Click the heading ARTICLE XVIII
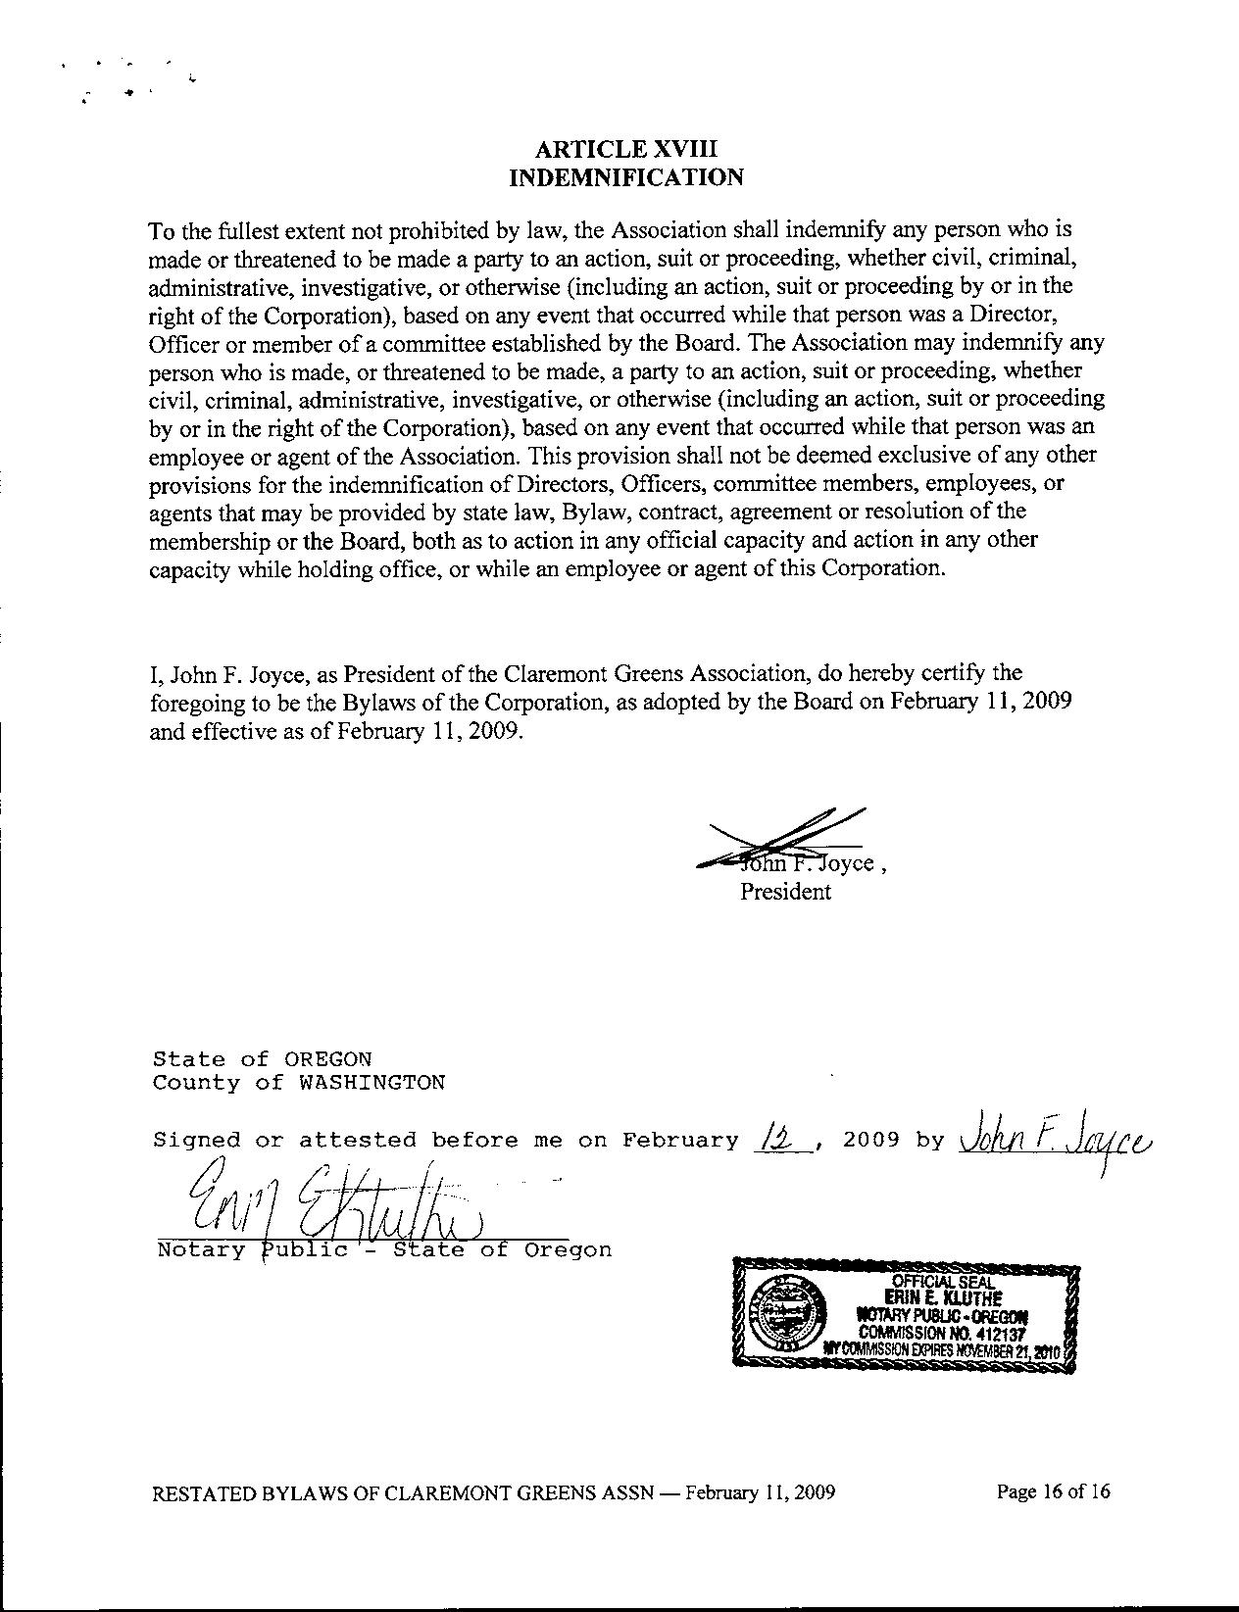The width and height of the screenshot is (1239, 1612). [x=626, y=149]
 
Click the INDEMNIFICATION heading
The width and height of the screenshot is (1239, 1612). [x=626, y=177]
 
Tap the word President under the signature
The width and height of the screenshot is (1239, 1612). [x=785, y=892]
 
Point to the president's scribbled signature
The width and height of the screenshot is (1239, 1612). [x=784, y=838]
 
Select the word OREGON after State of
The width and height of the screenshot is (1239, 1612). [x=327, y=1059]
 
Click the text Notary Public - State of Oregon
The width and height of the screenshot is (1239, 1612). [x=384, y=1250]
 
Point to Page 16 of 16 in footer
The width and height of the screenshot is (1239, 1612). [x=1053, y=1492]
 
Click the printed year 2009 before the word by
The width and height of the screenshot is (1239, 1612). [x=870, y=1140]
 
